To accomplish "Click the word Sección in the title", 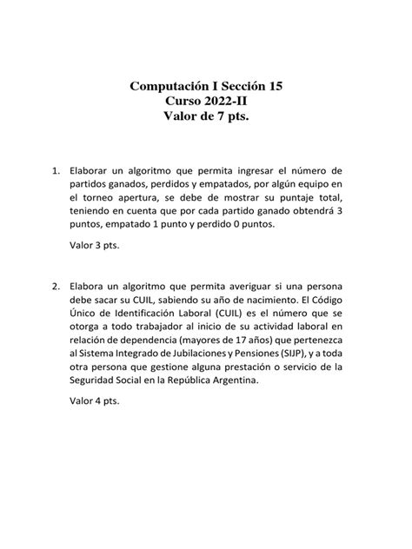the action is pyautogui.click(x=236, y=87).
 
